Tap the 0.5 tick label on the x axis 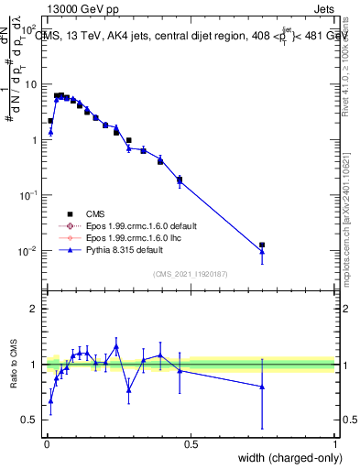[x=191, y=443]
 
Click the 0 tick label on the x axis [x=47, y=443]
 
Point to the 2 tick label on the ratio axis [x=33, y=309]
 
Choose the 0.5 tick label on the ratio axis [x=29, y=420]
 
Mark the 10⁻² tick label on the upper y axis [x=29, y=251]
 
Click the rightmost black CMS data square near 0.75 [x=262, y=245]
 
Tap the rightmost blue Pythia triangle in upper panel [x=262, y=251]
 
